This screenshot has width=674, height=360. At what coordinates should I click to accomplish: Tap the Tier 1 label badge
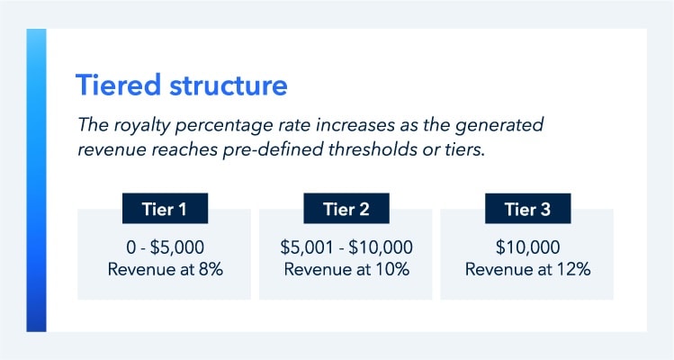165,210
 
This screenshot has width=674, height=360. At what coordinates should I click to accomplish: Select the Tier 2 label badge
346,210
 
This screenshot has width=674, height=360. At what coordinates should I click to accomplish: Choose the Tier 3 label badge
527,210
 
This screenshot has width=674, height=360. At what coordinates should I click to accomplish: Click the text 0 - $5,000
165,246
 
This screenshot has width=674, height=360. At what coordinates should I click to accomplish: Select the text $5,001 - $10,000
346,246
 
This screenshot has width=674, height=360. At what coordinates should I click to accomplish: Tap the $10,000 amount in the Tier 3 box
527,246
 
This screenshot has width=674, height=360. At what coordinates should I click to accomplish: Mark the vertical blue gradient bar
36,180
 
